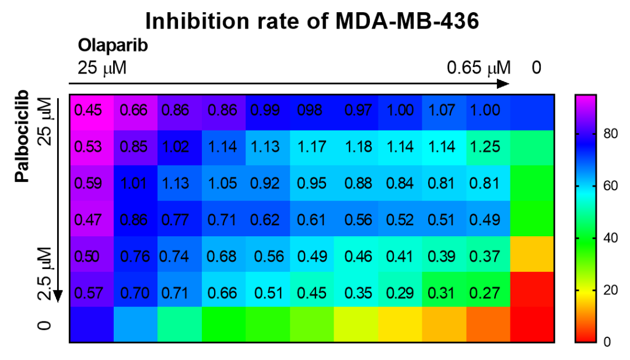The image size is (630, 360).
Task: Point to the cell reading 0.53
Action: pyautogui.click(x=89, y=146)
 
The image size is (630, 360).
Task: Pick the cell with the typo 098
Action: pyautogui.click(x=310, y=110)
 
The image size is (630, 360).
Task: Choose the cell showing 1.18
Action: pyautogui.click(x=358, y=146)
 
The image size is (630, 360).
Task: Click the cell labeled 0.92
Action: pyautogui.click(x=265, y=183)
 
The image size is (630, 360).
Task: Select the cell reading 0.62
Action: pyautogui.click(x=265, y=220)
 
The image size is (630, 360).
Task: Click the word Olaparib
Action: pyautogui.click(x=113, y=46)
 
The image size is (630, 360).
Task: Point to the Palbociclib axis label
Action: pyautogui.click(x=22, y=135)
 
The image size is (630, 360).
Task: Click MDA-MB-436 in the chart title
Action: pyautogui.click(x=407, y=21)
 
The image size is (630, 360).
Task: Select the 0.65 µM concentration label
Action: pyautogui.click(x=478, y=68)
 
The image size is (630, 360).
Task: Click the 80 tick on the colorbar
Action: pyautogui.click(x=606, y=135)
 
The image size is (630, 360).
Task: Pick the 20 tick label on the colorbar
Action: pyautogui.click(x=606, y=290)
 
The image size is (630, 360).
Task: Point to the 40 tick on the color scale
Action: pyautogui.click(x=606, y=239)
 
